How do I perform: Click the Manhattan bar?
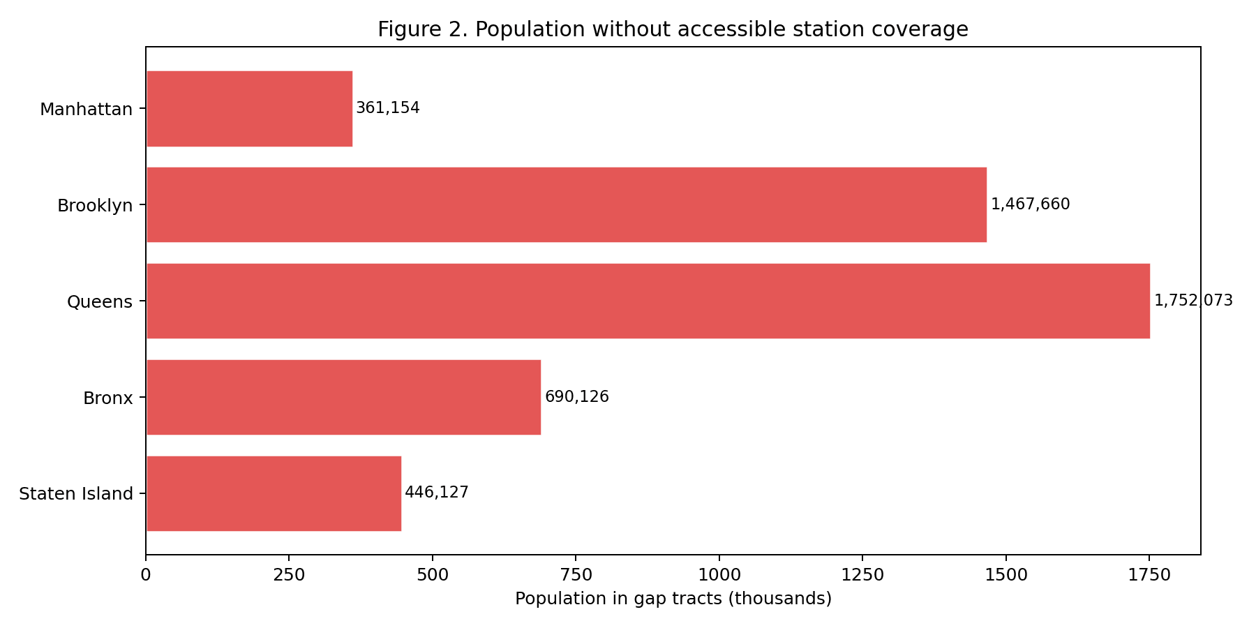point(249,109)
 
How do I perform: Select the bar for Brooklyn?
point(566,205)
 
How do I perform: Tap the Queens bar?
point(648,301)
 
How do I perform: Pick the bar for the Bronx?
point(343,398)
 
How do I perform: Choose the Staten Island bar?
point(274,494)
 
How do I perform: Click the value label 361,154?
point(388,108)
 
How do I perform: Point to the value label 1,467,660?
point(1030,204)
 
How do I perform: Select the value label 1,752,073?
point(1193,301)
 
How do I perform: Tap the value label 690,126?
point(576,397)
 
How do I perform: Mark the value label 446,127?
point(437,493)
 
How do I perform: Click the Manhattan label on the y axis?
point(86,110)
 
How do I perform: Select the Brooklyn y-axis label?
point(95,206)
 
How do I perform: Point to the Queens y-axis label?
point(100,302)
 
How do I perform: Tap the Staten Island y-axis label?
point(76,494)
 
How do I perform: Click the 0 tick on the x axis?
point(146,575)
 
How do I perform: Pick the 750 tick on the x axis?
point(576,575)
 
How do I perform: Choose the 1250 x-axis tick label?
point(862,575)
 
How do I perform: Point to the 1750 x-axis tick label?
point(1149,575)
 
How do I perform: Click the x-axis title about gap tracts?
point(673,599)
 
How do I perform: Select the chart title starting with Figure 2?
point(673,29)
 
